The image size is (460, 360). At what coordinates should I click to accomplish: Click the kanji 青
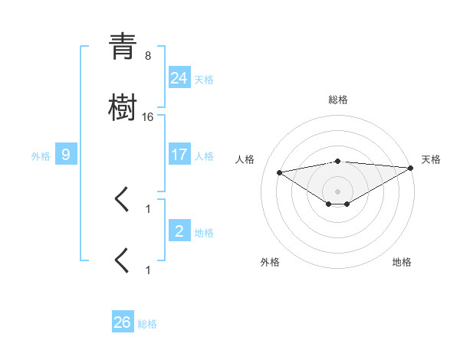pos(123,47)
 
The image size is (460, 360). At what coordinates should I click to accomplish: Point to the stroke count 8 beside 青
pos(147,55)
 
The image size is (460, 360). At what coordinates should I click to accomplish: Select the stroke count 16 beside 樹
pos(148,117)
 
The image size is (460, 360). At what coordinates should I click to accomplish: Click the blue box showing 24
pos(179,77)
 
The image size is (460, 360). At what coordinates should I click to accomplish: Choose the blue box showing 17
pos(179,155)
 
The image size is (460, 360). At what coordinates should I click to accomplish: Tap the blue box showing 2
pos(179,231)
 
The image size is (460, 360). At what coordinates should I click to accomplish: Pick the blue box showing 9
pos(66,155)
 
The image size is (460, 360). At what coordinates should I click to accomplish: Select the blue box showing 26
pos(123,322)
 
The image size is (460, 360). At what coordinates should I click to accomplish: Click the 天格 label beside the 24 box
pos(204,79)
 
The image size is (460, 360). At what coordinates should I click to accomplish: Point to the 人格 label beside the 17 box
pos(204,156)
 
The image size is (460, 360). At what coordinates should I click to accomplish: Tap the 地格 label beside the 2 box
pos(204,233)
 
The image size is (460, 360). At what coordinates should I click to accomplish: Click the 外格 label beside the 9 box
pos(41,156)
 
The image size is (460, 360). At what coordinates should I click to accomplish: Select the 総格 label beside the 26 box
pos(147,324)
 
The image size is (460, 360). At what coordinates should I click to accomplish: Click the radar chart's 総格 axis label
pos(337,100)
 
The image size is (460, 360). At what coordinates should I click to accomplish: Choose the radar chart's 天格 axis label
pos(431,159)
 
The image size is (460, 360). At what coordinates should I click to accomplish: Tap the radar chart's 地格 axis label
pos(402,262)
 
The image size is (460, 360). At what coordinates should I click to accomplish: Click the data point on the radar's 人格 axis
pos(280,172)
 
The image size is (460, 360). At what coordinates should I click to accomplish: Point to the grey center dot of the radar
pos(337,191)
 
